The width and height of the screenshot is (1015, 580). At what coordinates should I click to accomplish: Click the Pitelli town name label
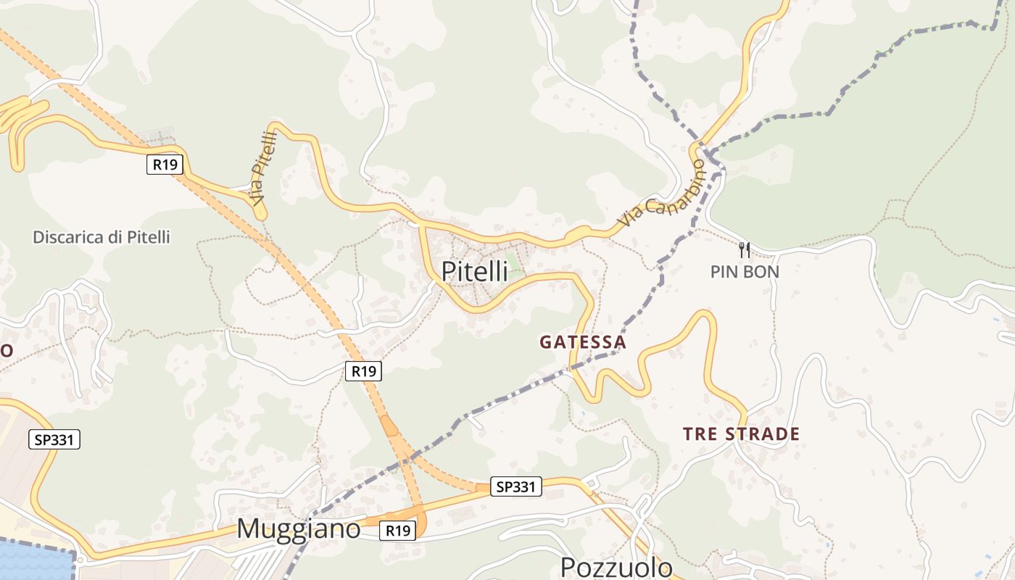pos(475,271)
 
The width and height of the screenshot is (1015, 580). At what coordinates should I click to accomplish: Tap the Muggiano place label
pos(298,529)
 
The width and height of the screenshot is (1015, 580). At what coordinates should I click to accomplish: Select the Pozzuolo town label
pos(616,566)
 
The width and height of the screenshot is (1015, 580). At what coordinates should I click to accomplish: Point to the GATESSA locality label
pos(582,342)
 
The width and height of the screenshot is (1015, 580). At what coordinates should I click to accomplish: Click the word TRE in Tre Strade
pos(699,434)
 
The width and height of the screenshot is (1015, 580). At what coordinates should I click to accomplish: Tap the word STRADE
pos(762,434)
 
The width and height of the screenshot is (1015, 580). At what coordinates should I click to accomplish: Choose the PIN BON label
pos(745,272)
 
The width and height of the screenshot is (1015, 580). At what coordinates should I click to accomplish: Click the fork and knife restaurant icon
pos(745,250)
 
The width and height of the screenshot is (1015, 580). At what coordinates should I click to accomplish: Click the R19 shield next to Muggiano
pos(398,531)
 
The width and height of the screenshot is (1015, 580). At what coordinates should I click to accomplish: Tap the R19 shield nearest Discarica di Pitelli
pos(165,165)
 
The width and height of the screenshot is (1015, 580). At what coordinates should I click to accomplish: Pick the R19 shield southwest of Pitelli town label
pos(362,371)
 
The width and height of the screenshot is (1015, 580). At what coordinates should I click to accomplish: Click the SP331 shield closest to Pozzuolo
pos(515,486)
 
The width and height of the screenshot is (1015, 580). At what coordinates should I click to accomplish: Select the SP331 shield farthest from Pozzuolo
pos(54,439)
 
